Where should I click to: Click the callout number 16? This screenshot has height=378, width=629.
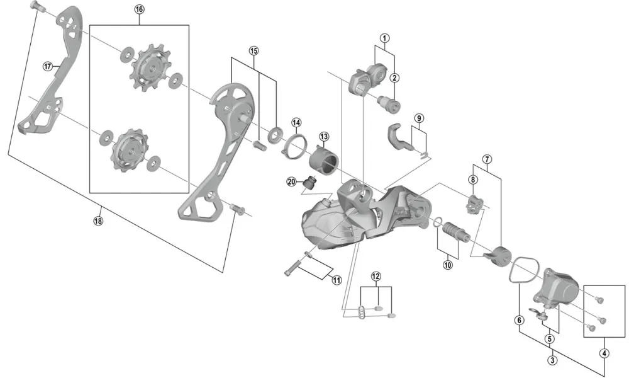[139, 9]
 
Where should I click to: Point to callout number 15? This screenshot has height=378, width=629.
[253, 50]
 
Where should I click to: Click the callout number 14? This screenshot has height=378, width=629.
[296, 122]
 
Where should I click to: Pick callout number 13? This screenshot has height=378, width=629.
[323, 136]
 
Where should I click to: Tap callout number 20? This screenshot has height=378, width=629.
[291, 181]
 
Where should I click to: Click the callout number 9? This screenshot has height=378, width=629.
[419, 118]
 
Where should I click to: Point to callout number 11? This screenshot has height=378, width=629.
[376, 277]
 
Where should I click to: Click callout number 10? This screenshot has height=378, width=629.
[447, 265]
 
